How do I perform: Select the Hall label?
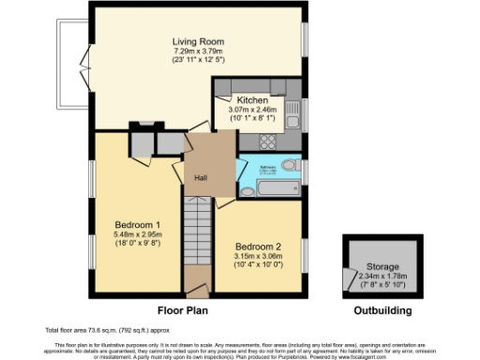(201, 177)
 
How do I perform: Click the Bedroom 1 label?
(137, 225)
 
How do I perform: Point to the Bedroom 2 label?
(258, 247)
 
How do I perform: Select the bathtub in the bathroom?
(277, 189)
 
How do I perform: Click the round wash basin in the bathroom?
(247, 192)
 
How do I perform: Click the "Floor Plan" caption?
(181, 309)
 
